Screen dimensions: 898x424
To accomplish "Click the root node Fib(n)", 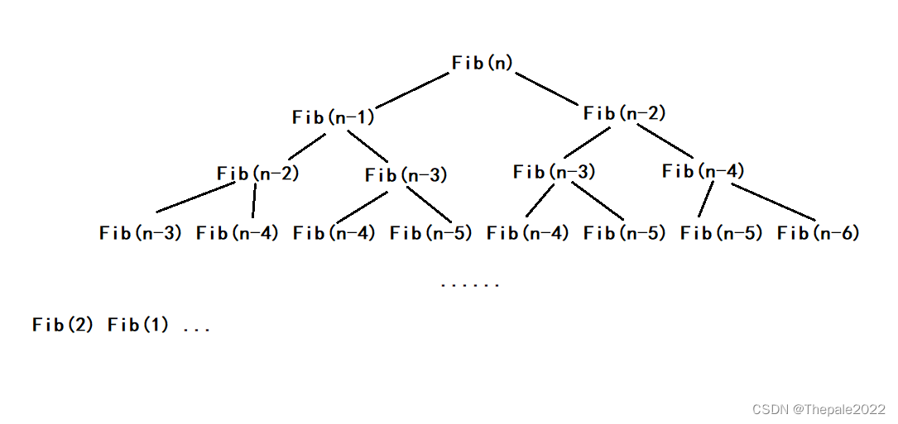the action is coord(483,63).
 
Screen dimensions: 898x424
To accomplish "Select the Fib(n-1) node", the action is coord(334,117).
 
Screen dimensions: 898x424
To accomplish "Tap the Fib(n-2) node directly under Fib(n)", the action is coord(624,114).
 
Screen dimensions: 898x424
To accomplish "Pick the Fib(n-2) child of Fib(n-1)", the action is coord(257,174).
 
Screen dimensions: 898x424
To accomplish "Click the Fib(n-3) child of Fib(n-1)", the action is coord(406,175).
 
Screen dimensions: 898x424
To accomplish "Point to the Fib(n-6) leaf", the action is coord(818,233).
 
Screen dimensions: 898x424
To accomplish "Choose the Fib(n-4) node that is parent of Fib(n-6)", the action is coord(704,172).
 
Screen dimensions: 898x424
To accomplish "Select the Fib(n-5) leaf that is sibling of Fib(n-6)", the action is coord(721,233).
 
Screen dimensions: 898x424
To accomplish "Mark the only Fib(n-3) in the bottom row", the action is coord(140,233).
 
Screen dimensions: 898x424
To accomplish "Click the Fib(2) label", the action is coord(63,325).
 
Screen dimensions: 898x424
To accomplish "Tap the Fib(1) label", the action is coord(138,325).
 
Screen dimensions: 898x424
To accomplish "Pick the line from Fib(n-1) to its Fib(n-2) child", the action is coord(307,146).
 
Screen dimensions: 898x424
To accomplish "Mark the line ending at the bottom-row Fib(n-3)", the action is coord(196,198).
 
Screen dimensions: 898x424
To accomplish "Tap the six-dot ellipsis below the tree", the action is coord(470,285).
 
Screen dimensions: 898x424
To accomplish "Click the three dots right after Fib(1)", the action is coord(196,329).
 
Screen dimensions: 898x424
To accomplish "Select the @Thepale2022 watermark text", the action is coord(838,409).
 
